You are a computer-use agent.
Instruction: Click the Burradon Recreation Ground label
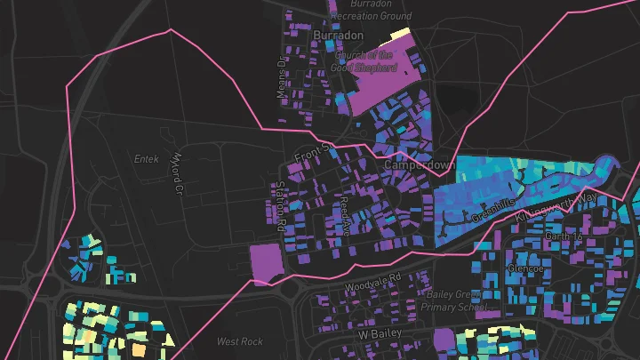click(372, 11)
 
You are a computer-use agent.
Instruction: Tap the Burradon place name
click(339, 35)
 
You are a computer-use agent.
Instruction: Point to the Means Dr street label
click(279, 77)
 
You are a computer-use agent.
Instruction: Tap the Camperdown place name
click(420, 165)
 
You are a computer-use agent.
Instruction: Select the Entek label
click(145, 160)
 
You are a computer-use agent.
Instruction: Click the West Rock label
click(240, 341)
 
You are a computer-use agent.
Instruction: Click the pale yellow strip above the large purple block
click(400, 34)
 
